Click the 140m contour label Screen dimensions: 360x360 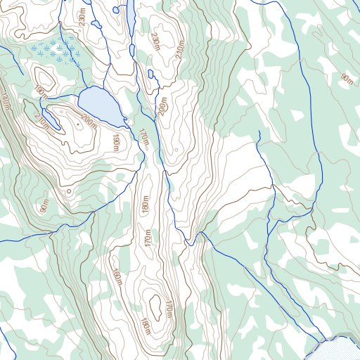tap(6, 102)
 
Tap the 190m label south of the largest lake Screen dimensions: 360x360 tap(115, 143)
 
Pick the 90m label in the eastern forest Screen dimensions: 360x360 tap(346, 79)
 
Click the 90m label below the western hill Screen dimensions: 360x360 tap(45, 206)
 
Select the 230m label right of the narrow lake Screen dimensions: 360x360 tap(155, 43)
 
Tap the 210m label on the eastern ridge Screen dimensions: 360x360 tap(179, 50)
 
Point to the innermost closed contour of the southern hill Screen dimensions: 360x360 tap(155, 304)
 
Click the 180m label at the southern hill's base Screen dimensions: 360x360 tap(146, 327)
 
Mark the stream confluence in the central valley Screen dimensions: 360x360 tap(188, 244)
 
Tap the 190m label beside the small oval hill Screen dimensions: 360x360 tap(39, 91)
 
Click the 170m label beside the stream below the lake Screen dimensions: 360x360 tap(144, 138)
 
